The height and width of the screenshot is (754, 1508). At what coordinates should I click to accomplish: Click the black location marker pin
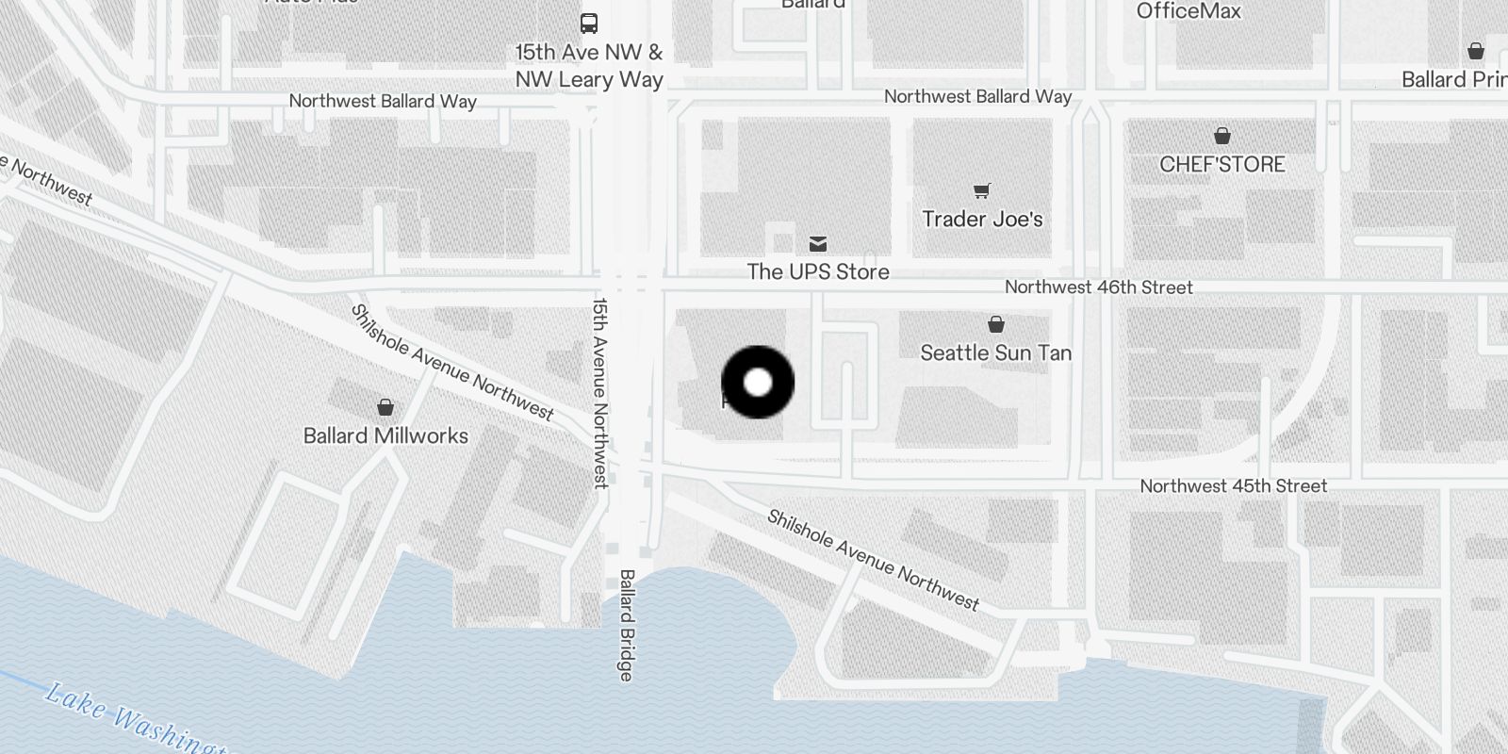click(x=758, y=383)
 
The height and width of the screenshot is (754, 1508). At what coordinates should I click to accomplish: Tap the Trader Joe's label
click(x=982, y=220)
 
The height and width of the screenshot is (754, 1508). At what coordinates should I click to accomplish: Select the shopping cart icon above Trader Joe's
click(x=982, y=191)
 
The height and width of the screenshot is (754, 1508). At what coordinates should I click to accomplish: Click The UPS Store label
click(x=818, y=272)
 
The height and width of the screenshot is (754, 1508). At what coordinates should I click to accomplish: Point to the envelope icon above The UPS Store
click(x=818, y=244)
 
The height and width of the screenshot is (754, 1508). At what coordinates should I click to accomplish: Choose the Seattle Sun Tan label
click(x=995, y=353)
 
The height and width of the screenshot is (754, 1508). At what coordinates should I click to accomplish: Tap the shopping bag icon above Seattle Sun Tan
click(x=996, y=325)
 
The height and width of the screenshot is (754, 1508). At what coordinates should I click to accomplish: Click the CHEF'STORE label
click(x=1221, y=165)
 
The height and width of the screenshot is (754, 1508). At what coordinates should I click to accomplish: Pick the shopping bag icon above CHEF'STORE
click(x=1222, y=136)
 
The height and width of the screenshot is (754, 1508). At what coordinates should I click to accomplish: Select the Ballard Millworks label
click(x=385, y=435)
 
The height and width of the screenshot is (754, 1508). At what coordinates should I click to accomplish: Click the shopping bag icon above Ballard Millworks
click(x=385, y=407)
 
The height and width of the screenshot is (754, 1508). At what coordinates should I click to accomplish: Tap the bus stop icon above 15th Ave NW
click(x=589, y=24)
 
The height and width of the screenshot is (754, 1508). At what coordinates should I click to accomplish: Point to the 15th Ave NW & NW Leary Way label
click(x=589, y=66)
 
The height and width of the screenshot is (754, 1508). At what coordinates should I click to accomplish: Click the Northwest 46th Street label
click(x=1098, y=287)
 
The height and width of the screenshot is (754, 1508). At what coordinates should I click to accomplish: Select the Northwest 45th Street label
click(x=1233, y=486)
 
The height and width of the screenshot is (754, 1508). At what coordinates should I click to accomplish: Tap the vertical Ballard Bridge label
click(x=627, y=625)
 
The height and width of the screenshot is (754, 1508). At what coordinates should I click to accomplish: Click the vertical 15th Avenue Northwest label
click(x=600, y=393)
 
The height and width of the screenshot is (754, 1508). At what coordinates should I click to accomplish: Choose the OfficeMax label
click(x=1188, y=11)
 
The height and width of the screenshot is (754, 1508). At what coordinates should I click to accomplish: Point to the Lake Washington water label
click(x=132, y=721)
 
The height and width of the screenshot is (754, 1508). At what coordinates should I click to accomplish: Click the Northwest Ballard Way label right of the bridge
click(x=977, y=97)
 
